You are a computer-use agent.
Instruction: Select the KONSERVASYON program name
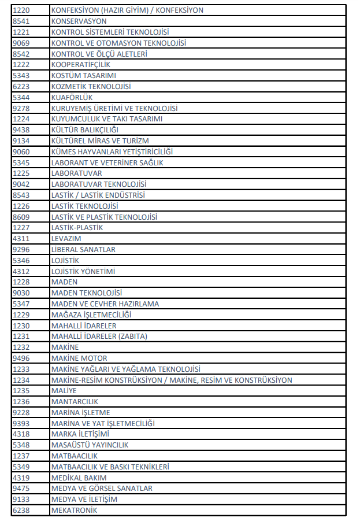coord(79,21)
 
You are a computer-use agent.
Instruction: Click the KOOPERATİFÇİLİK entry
coord(80,65)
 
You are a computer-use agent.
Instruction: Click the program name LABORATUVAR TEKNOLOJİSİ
coord(94,184)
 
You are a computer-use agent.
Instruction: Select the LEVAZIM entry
coord(66,239)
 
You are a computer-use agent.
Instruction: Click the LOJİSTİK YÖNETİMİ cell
coord(83,271)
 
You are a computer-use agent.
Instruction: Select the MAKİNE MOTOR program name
coord(79,358)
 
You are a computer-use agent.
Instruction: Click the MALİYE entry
coord(64,391)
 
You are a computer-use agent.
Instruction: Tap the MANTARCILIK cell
coord(75,402)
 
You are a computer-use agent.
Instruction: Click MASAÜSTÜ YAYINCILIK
coord(90,445)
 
